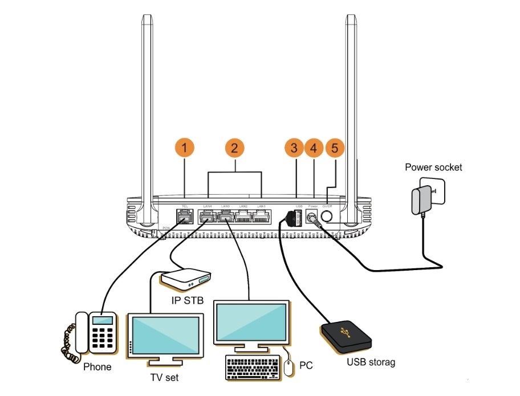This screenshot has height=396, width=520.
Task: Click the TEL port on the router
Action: [x=185, y=217]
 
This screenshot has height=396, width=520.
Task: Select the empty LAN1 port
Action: [x=262, y=217]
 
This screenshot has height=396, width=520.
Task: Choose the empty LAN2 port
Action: [x=243, y=217]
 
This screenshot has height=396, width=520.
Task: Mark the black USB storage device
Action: [x=346, y=336]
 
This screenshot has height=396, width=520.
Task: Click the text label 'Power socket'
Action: [x=433, y=168]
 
